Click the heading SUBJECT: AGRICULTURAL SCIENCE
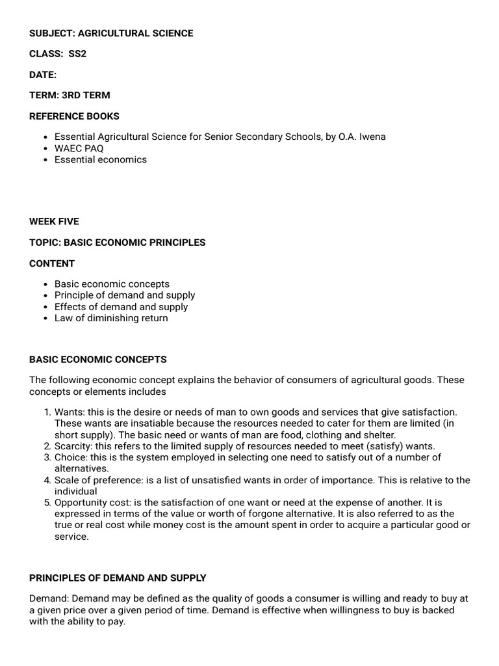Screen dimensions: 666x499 point(111,33)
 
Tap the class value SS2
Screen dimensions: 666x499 point(77,54)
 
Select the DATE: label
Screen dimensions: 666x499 point(43,75)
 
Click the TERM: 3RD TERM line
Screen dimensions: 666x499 point(70,95)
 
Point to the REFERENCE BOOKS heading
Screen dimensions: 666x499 point(74,116)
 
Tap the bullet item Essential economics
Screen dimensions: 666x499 point(100,159)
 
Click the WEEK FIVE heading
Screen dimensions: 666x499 point(54,221)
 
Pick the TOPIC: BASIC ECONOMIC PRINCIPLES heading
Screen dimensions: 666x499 point(117,242)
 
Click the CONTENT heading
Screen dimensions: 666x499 point(52,263)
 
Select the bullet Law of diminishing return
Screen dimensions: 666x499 point(110,318)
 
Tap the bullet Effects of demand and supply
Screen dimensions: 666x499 point(121,306)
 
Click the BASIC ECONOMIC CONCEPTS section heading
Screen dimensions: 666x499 point(97,359)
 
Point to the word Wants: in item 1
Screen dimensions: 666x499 point(68,412)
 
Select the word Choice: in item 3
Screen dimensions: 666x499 point(71,457)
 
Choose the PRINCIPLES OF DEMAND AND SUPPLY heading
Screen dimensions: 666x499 point(118,578)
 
